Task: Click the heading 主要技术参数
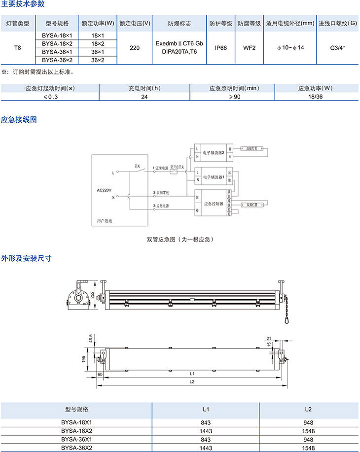tap(23, 4)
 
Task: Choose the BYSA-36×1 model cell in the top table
tap(57, 52)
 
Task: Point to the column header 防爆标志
tap(179, 23)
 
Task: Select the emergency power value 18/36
tap(316, 97)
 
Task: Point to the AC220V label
tap(105, 190)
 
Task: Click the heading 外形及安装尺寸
tap(27, 258)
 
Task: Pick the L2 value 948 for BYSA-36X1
tap(308, 439)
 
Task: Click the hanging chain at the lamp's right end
tap(285, 309)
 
